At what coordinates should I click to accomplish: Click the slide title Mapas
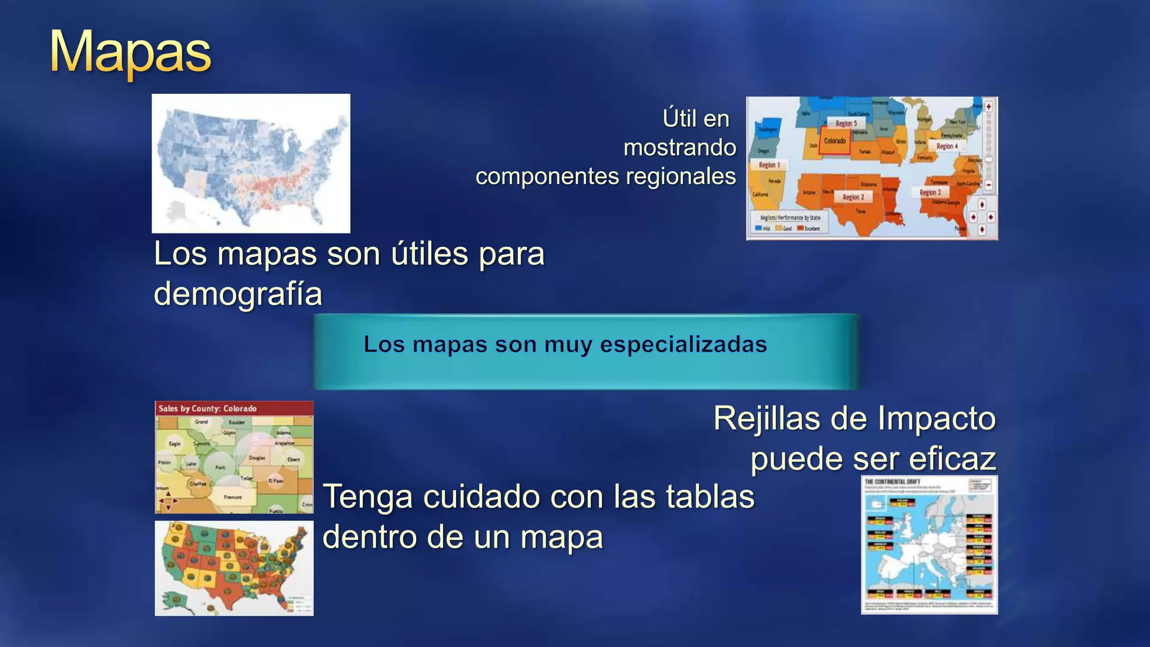pos(130,52)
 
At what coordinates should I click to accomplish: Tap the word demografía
pos(238,294)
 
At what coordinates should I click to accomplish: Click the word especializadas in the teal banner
pos(683,344)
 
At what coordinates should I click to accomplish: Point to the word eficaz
pos(952,459)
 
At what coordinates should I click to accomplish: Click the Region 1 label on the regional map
pos(769,165)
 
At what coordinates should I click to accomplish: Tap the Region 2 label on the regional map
pos(853,197)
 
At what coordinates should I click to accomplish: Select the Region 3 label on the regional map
pos(930,193)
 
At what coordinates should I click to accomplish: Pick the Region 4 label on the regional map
pos(947,146)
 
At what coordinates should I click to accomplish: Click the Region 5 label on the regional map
pos(846,124)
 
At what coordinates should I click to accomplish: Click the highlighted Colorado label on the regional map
pos(835,141)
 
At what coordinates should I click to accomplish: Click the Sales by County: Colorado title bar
pos(208,408)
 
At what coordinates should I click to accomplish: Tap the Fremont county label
pos(232,497)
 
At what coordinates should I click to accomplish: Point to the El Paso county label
pos(275,481)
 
